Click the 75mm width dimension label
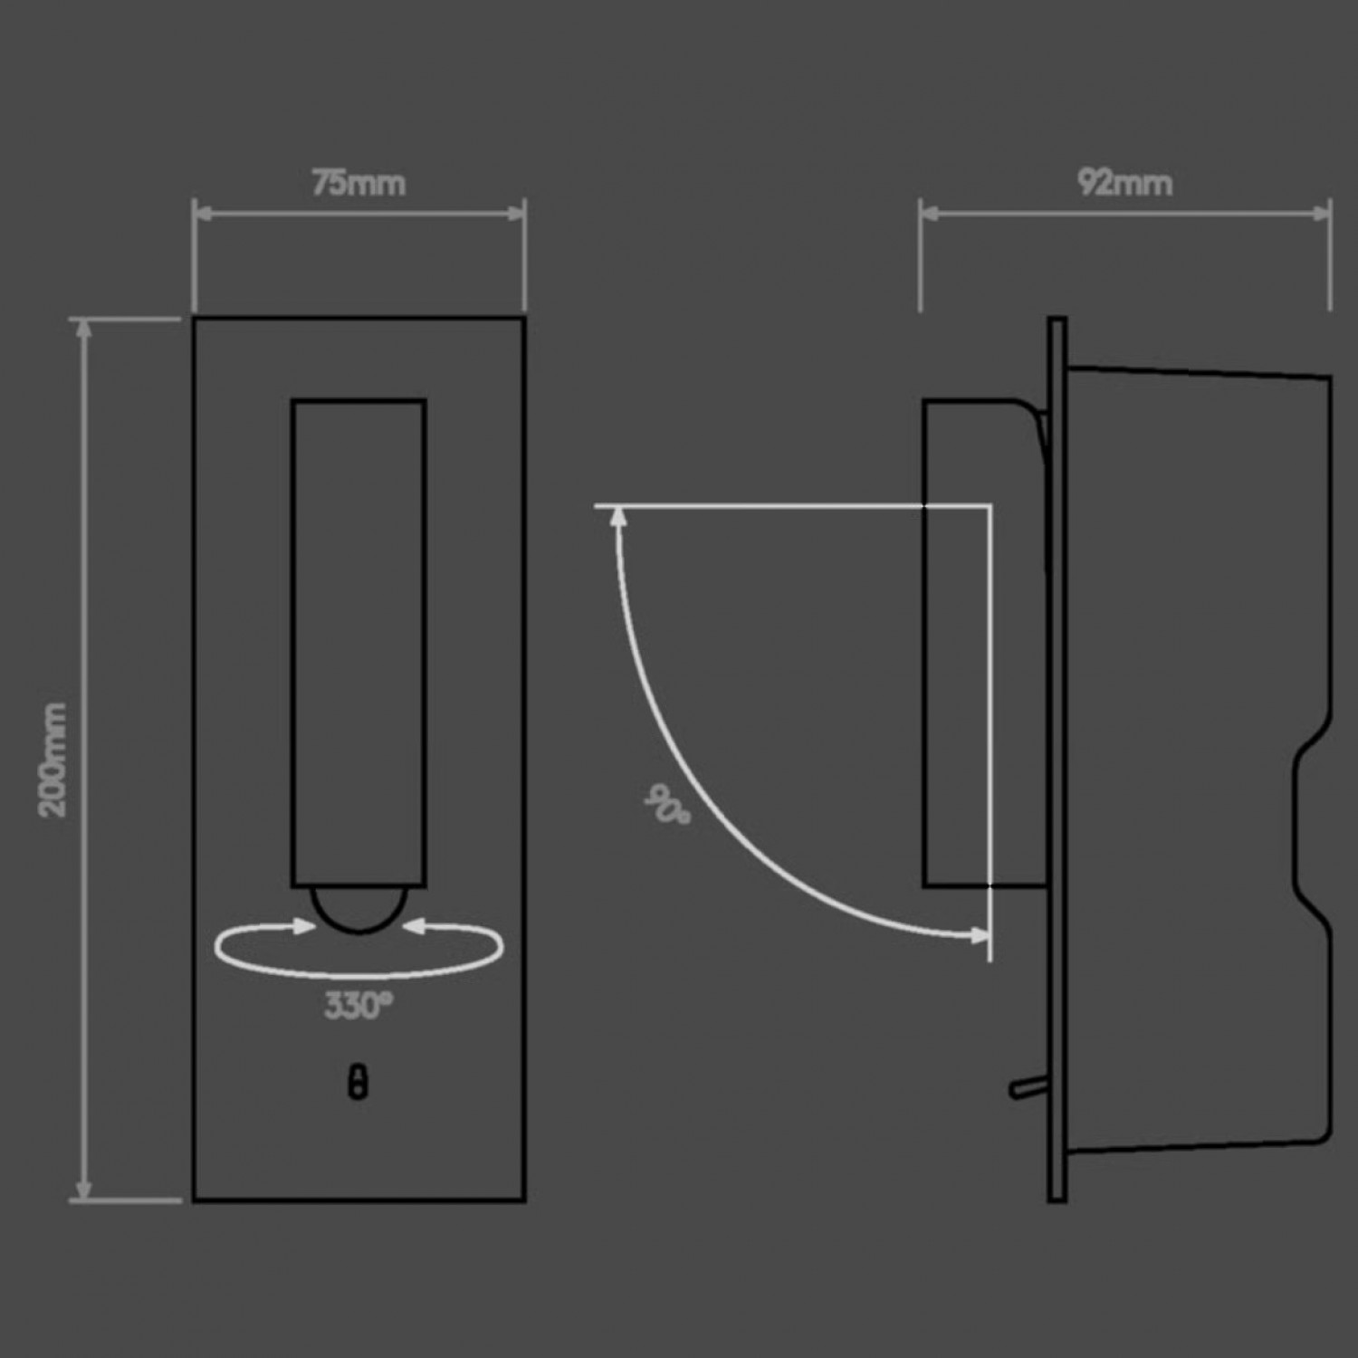coord(359,183)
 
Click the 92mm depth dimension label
coord(1124,183)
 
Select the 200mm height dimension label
coord(53,760)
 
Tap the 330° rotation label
coord(359,1005)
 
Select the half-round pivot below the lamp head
coord(359,908)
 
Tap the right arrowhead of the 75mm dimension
coord(517,214)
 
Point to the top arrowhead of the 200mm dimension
coord(84,328)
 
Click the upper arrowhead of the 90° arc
coord(619,516)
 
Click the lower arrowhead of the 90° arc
coord(980,935)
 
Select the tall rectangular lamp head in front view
coord(359,643)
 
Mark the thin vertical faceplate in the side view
coord(1057,760)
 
